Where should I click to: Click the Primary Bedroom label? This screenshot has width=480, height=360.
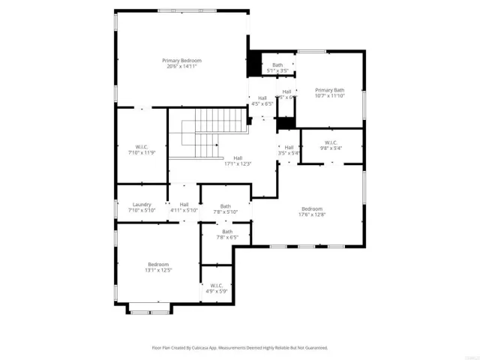click(181, 60)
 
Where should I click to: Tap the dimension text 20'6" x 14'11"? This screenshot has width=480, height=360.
click(181, 67)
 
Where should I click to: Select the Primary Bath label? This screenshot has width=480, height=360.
click(329, 90)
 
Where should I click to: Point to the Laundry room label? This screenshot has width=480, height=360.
click(142, 204)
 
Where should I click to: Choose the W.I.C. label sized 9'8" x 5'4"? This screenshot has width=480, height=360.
click(331, 142)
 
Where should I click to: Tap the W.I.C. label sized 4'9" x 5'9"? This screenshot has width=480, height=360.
click(217, 285)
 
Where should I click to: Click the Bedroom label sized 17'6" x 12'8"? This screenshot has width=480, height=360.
click(312, 208)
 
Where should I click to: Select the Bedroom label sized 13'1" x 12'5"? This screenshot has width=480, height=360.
click(158, 264)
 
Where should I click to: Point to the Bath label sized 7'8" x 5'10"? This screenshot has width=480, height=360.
click(226, 206)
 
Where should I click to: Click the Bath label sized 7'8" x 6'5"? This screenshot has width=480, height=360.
click(226, 232)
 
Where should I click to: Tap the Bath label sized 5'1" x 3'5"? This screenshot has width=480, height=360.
click(277, 65)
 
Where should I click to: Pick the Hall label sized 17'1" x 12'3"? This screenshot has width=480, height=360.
click(238, 157)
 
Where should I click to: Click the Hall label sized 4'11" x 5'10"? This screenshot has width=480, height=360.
click(184, 204)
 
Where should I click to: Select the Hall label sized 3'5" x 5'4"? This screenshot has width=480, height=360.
click(289, 147)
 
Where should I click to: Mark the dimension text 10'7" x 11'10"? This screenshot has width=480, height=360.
click(329, 96)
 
